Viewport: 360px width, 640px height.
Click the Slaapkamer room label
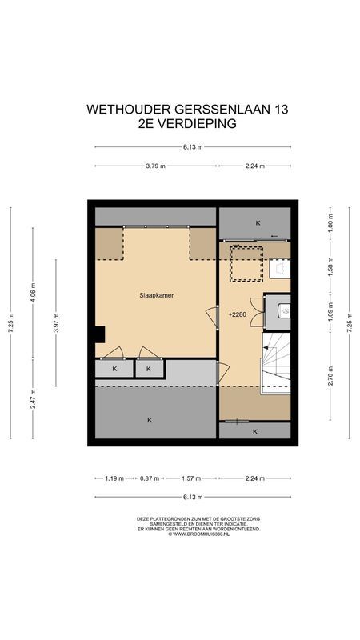[157, 295]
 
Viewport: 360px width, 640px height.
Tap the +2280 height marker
[237, 314]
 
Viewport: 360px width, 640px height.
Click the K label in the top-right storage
[258, 222]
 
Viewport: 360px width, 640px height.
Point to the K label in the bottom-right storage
[255, 431]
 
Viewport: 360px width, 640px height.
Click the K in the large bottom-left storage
[150, 419]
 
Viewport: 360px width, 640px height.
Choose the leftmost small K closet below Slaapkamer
[115, 369]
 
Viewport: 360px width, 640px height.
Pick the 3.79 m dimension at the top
[155, 166]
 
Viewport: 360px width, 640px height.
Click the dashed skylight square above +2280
[247, 264]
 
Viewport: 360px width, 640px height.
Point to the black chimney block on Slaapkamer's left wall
[98, 334]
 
